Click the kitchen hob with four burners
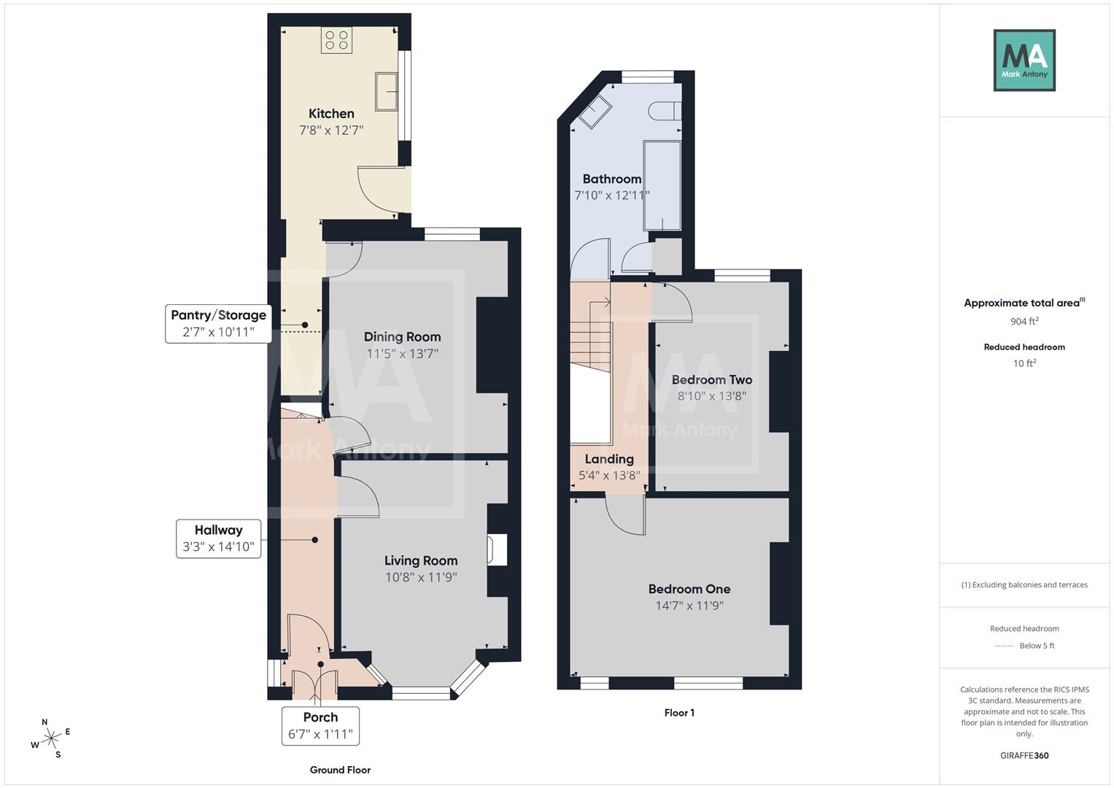[x=336, y=40]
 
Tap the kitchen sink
[x=387, y=92]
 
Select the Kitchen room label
[x=331, y=114]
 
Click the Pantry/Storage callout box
[x=218, y=323]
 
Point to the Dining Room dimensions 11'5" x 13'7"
[x=402, y=354]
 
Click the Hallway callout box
[x=218, y=538]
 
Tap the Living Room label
[x=421, y=560]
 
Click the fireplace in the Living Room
[x=498, y=550]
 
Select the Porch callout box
[x=320, y=725]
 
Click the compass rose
[x=50, y=739]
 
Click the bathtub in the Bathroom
[x=662, y=186]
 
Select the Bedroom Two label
[x=711, y=379]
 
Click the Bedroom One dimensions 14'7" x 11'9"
[x=689, y=606]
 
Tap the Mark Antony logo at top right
[x=1024, y=60]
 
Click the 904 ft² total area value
[x=1024, y=321]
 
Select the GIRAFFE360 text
[x=1024, y=755]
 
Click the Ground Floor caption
[x=340, y=770]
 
